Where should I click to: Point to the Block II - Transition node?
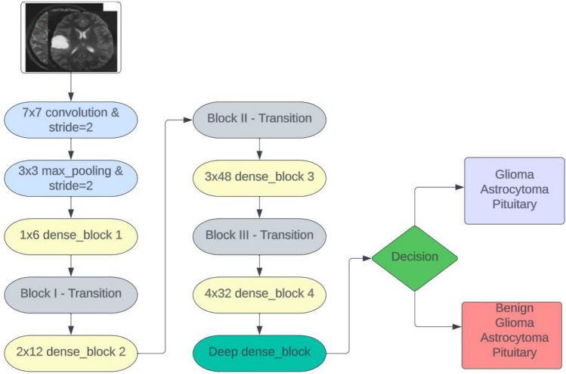pos(259,119)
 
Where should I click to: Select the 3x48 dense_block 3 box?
pos(259,177)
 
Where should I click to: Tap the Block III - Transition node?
pos(259,235)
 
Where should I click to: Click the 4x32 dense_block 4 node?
pos(259,293)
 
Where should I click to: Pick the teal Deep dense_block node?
pos(259,351)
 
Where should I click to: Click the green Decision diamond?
pos(415,257)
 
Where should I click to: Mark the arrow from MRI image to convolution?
pos(70,86)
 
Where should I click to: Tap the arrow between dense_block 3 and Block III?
pos(259,206)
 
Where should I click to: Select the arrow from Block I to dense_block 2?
pos(70,322)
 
